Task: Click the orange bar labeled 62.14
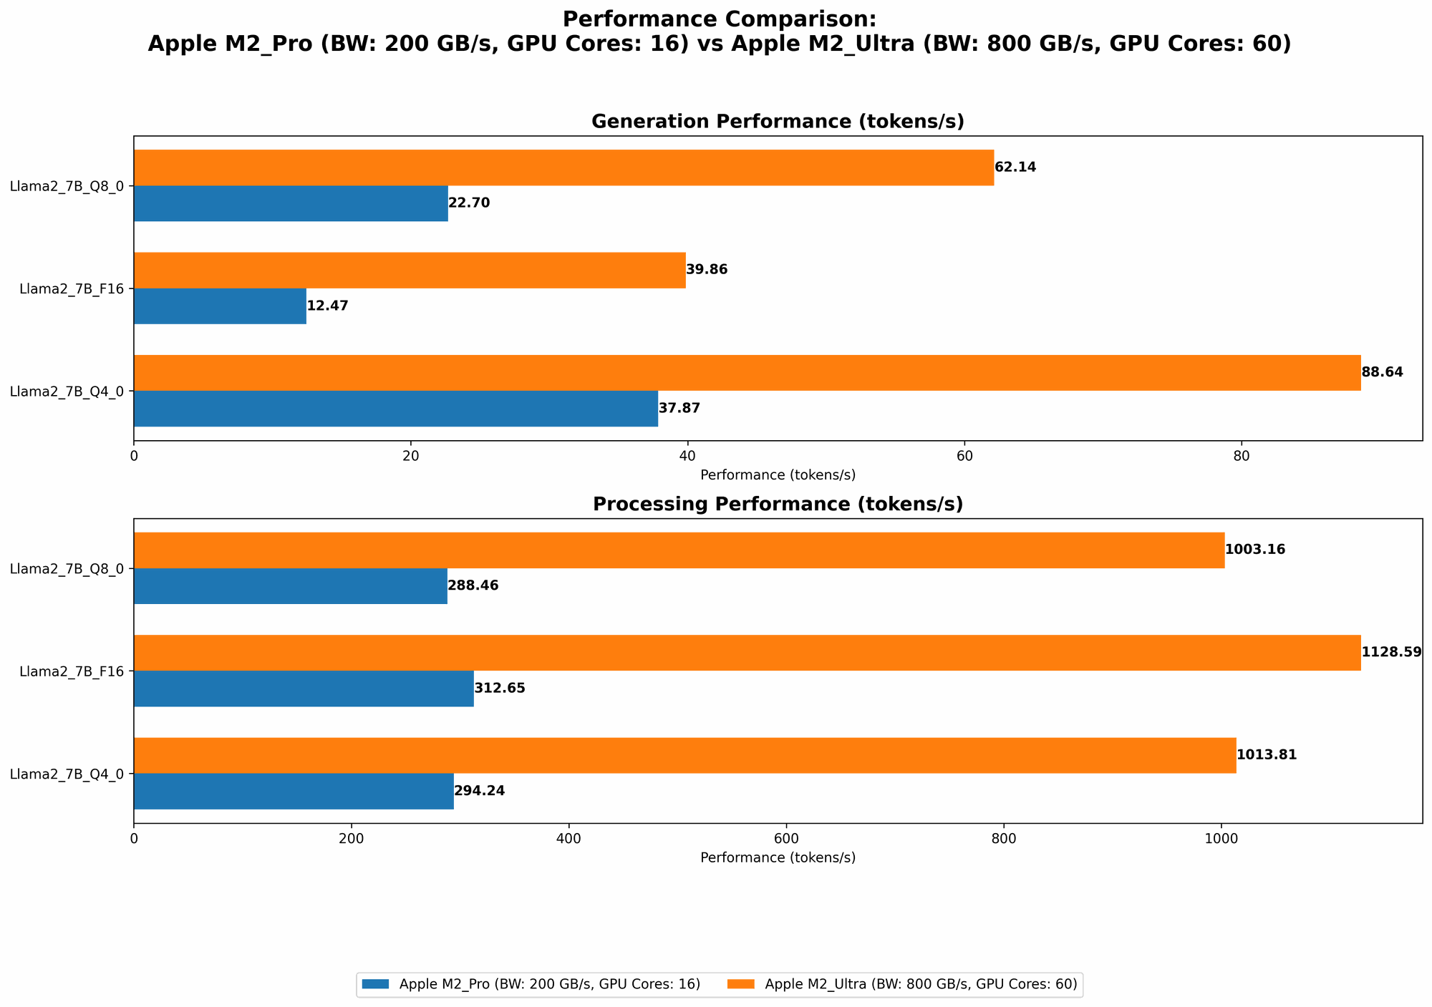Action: [x=563, y=167]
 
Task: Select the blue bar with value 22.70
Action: [x=291, y=203]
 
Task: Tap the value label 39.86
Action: [x=707, y=270]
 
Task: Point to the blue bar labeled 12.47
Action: [x=220, y=306]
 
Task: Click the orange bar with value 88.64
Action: [x=747, y=373]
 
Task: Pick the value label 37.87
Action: [x=679, y=409]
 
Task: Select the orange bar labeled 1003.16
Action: [x=679, y=550]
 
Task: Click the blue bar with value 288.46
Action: [x=290, y=586]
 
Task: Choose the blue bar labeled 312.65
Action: [x=304, y=689]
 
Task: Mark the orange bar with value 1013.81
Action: [x=684, y=755]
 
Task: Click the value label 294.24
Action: [x=479, y=791]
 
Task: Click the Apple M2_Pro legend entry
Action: [x=530, y=985]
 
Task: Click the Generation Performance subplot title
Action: [x=778, y=122]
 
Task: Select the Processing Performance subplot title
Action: [x=778, y=505]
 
